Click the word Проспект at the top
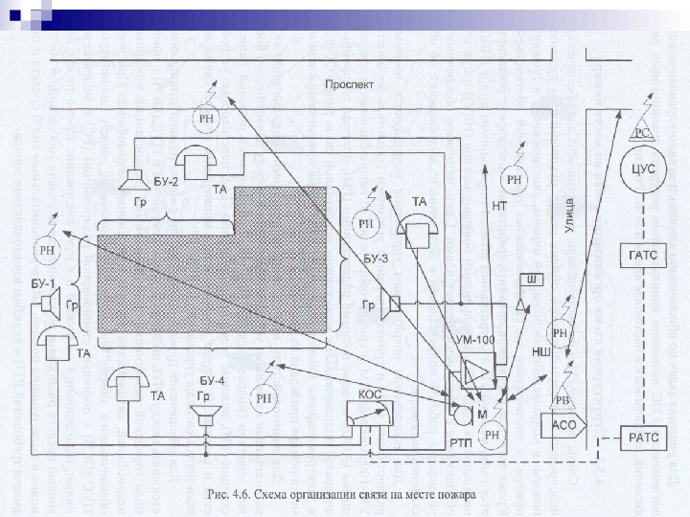coord(350,84)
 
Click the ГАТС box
coord(641,255)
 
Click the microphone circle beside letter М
coord(462,414)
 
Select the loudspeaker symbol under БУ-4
coord(203,415)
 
